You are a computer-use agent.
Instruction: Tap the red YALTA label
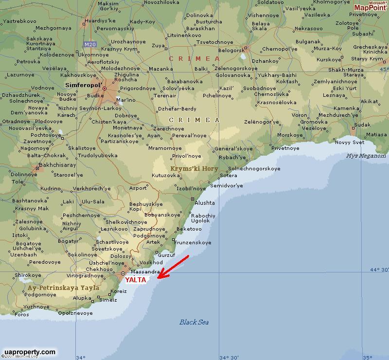tap(136, 280)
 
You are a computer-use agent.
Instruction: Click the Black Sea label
tap(194, 322)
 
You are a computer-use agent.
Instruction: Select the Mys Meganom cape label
tap(366, 156)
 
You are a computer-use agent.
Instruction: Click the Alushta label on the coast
tap(205, 203)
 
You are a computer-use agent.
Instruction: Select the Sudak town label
tap(362, 125)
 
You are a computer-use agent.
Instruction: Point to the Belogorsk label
tap(231, 50)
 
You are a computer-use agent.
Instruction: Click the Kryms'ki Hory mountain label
tap(194, 168)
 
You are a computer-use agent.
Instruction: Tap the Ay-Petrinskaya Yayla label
tap(63, 288)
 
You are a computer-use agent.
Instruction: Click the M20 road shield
tap(89, 44)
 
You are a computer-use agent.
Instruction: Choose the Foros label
tap(22, 314)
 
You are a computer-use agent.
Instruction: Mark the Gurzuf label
tap(166, 255)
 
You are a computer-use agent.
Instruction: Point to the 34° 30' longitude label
tap(229, 357)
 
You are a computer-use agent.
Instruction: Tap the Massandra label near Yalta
tap(145, 271)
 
